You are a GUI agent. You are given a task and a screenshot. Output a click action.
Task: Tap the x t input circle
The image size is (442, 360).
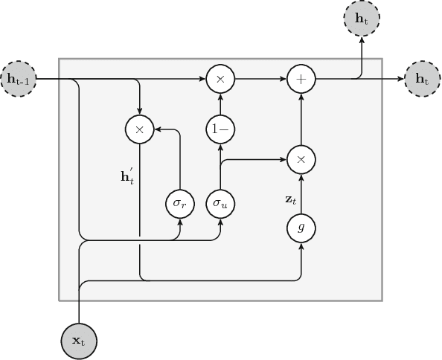78,341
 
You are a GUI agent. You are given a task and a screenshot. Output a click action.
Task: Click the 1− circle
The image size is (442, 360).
220,129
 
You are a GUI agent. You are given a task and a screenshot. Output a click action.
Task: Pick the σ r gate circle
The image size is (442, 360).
180,202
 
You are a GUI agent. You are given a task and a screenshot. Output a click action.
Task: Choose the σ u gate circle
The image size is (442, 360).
220,202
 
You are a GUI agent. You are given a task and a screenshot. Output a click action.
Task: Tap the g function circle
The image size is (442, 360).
301,228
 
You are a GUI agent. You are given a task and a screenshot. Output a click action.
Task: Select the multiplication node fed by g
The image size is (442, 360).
301,159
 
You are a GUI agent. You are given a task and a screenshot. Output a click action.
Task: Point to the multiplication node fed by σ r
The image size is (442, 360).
139,129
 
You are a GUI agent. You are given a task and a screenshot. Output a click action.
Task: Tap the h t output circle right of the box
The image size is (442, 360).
422,77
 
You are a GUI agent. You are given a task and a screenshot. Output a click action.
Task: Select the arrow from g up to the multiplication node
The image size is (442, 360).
301,193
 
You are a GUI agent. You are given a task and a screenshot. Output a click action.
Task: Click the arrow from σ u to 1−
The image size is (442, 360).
220,165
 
